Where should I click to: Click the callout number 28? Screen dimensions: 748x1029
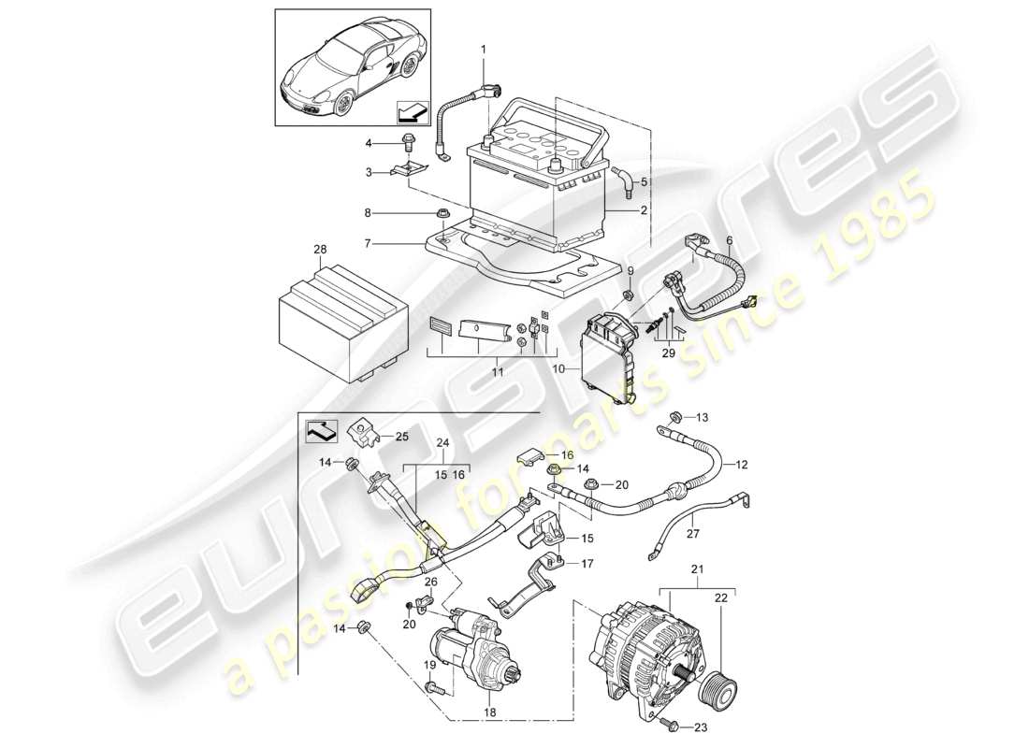[320, 251]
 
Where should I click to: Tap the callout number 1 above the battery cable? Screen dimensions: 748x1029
[484, 48]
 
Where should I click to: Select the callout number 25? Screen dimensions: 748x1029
[401, 437]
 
